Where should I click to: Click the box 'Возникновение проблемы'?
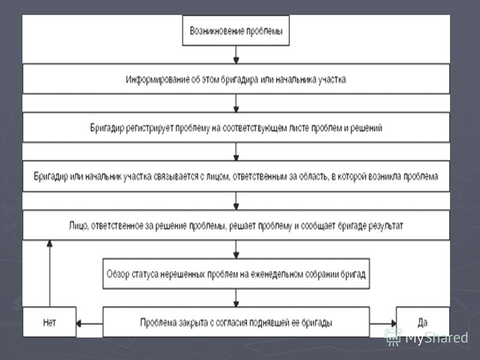click(235, 30)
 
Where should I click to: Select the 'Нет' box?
click(49, 321)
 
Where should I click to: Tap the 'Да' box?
click(423, 321)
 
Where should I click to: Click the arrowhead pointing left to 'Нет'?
click(78, 323)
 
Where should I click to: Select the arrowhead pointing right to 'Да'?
click(393, 323)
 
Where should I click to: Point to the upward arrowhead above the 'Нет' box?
click(49, 243)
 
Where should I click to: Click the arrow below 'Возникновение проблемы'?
click(236, 55)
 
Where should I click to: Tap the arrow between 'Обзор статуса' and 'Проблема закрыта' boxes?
click(236, 298)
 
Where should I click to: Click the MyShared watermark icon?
click(393, 337)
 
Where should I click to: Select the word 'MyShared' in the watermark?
click(436, 338)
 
